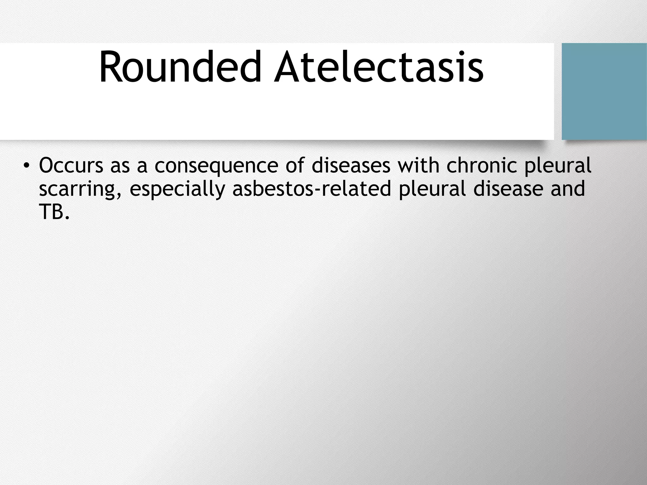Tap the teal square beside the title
[604, 92]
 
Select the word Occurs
[71, 166]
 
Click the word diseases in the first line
[351, 166]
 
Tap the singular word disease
[508, 189]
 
